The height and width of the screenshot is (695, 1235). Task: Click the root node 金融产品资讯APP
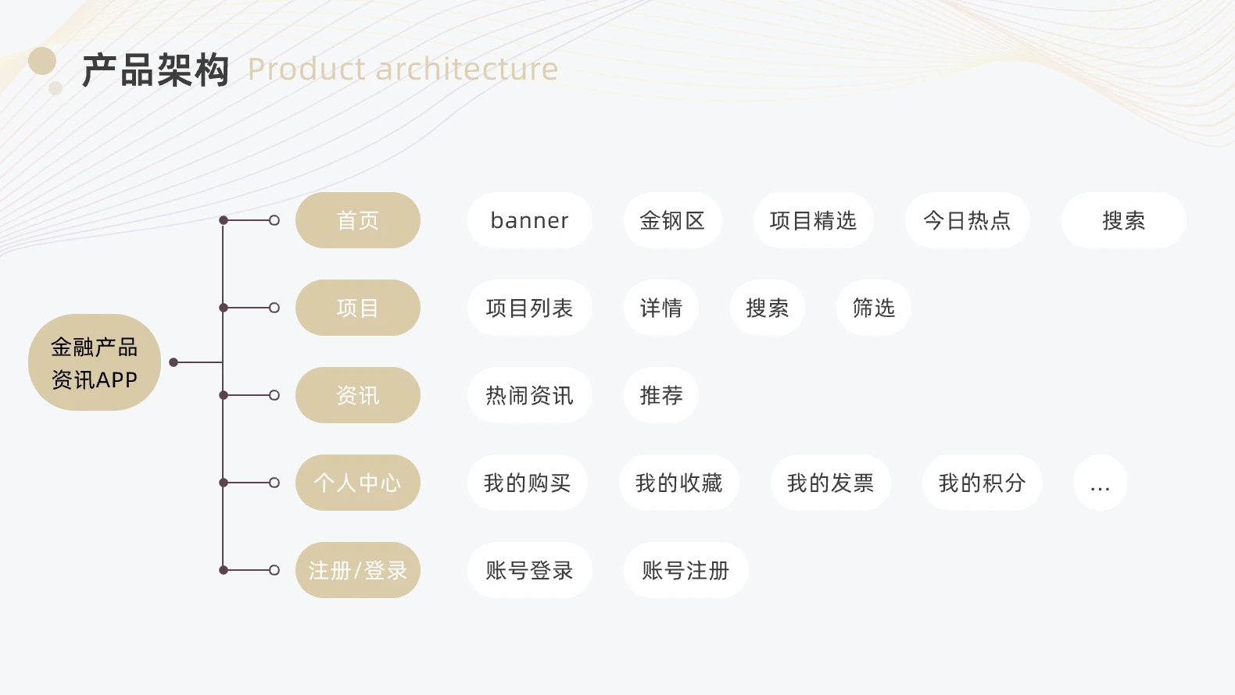(95, 362)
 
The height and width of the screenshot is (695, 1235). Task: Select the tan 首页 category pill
(358, 220)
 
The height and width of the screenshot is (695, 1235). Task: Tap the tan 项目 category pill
(358, 308)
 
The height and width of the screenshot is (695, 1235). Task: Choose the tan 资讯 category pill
(358, 395)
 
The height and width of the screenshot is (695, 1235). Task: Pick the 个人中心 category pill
(358, 483)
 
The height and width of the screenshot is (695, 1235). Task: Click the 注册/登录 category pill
(358, 571)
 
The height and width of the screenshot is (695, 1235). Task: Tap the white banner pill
(530, 220)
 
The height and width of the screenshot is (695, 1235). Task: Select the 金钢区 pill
(673, 220)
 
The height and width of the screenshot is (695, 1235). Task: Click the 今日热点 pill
(967, 220)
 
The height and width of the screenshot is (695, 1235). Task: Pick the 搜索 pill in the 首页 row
(1124, 220)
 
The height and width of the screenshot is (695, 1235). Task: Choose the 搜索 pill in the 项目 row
(768, 308)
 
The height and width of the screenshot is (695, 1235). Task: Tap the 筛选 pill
(873, 308)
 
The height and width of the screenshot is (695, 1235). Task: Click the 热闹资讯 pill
(530, 395)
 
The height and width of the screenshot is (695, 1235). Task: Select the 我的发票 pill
(830, 483)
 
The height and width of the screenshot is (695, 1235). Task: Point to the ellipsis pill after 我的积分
(1101, 483)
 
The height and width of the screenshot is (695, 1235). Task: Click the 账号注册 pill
(686, 571)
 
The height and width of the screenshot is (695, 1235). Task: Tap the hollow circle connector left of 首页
(274, 220)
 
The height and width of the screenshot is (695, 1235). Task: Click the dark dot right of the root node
(174, 362)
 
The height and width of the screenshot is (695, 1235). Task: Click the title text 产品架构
(156, 70)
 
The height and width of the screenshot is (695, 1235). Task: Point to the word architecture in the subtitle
(467, 69)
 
